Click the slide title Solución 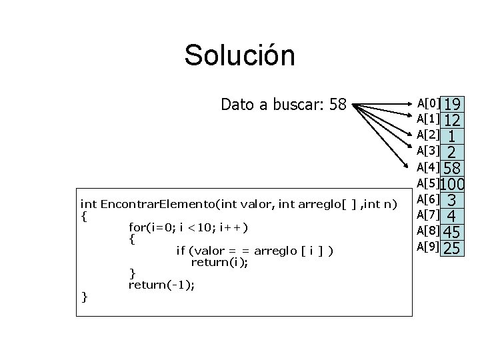pyautogui.click(x=239, y=55)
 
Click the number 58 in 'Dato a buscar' pyautogui.click(x=338, y=105)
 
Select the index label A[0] pyautogui.click(x=428, y=103)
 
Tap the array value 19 pyautogui.click(x=453, y=105)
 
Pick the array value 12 pyautogui.click(x=453, y=121)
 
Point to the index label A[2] pyautogui.click(x=428, y=135)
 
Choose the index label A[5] pyautogui.click(x=428, y=183)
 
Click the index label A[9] pyautogui.click(x=428, y=247)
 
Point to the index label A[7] pyautogui.click(x=428, y=215)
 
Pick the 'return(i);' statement pyautogui.click(x=220, y=262)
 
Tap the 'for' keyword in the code pyautogui.click(x=137, y=227)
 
